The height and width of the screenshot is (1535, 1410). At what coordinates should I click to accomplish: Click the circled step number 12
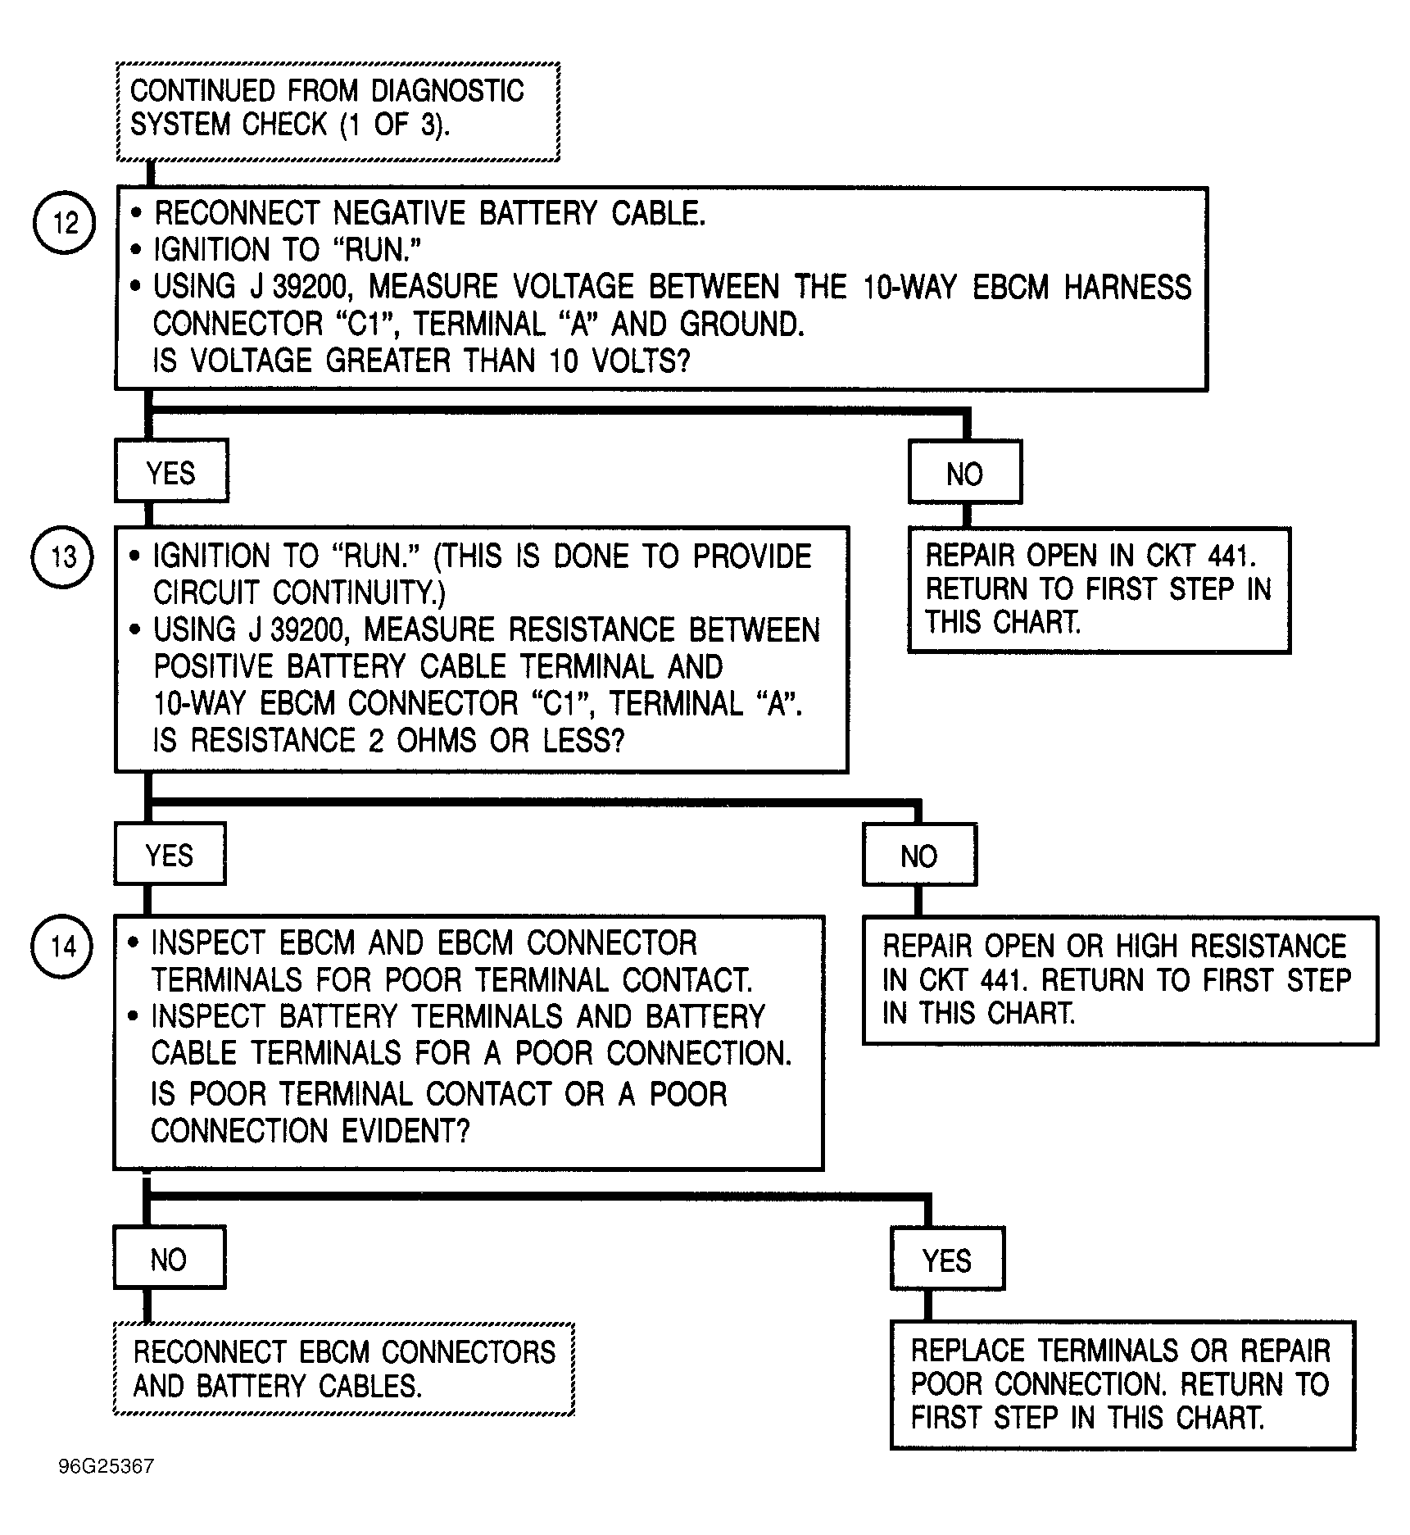point(64,222)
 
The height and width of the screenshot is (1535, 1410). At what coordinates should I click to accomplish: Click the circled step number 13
point(62,556)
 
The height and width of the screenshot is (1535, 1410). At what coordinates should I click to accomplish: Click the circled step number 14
point(62,947)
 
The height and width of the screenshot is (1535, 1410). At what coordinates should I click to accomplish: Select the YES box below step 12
point(171,471)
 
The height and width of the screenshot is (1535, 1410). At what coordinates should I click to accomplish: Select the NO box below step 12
point(965,473)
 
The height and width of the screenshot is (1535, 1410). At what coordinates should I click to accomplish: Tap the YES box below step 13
point(170,855)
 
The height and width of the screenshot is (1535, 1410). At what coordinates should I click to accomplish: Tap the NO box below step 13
point(919,856)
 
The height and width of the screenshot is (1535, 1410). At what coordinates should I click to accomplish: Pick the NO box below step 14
point(169,1258)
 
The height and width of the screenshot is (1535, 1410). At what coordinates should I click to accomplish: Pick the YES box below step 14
point(947,1259)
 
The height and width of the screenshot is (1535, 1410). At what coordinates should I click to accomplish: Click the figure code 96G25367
point(107,1466)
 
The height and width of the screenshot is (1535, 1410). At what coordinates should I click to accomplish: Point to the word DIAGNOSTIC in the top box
point(447,90)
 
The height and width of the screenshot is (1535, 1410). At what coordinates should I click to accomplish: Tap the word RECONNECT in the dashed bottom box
point(210,1351)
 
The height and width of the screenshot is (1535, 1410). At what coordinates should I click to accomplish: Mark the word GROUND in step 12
point(742,324)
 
